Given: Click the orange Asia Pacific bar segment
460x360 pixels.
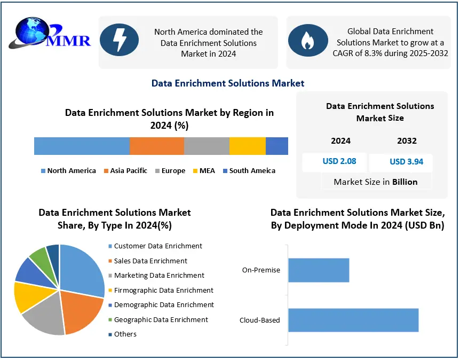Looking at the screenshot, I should (156, 146).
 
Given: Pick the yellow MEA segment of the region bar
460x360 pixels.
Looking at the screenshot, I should (247, 146).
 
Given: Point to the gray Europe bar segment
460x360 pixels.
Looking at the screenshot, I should (207, 146).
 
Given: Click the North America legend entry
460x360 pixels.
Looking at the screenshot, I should (68, 171).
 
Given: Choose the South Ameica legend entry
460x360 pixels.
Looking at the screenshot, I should (249, 171).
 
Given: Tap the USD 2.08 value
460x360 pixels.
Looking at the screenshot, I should (339, 161).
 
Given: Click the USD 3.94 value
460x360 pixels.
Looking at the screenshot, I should (406, 161).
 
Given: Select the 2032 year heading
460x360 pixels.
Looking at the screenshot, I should (407, 141).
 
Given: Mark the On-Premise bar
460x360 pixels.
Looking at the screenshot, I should (319, 270).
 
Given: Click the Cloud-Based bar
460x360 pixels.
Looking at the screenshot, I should (353, 320).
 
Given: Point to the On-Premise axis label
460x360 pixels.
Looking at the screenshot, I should (261, 270).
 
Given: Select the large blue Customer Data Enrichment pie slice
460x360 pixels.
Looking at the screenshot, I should (83, 267).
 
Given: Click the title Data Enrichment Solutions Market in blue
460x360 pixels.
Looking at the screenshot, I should (228, 83).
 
